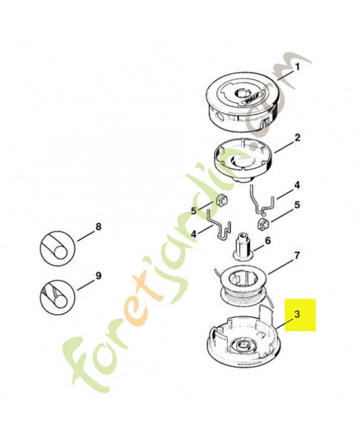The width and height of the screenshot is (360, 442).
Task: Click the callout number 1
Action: (x=297, y=67)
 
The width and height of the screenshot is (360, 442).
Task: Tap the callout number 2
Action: (x=297, y=138)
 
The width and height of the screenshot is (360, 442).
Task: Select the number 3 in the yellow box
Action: (x=298, y=314)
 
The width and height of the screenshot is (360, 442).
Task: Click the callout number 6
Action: (x=268, y=240)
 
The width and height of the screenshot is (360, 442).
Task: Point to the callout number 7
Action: (x=297, y=256)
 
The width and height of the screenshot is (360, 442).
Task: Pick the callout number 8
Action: (x=98, y=227)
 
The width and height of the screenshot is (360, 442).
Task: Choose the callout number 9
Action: (x=98, y=276)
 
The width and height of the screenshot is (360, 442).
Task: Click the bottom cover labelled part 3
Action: (x=244, y=334)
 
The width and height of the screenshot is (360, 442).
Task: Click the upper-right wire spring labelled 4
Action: (x=261, y=200)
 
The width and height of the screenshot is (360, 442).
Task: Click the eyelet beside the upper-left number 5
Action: (x=221, y=201)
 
